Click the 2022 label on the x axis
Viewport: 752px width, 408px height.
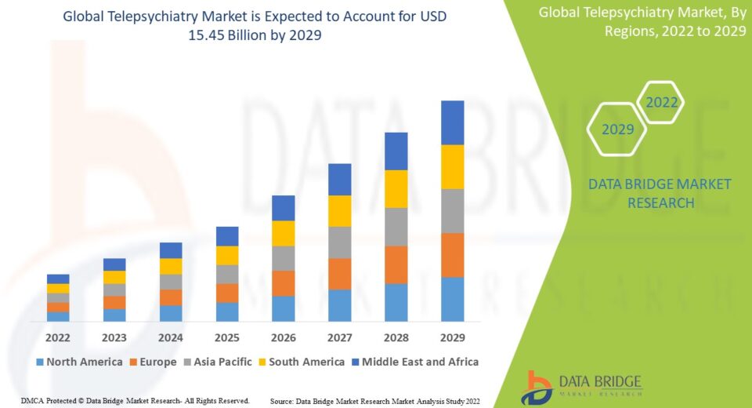(x=58, y=337)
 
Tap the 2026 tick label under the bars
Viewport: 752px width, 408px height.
(x=284, y=337)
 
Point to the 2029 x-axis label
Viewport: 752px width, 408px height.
(x=453, y=337)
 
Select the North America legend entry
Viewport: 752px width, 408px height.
(x=79, y=362)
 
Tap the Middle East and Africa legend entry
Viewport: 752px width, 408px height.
(x=415, y=362)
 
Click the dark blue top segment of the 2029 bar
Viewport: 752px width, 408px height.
(x=453, y=122)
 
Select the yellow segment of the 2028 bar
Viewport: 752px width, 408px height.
(x=396, y=188)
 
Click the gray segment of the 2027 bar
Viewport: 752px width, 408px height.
(x=340, y=242)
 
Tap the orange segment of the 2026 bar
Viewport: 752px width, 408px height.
(x=284, y=283)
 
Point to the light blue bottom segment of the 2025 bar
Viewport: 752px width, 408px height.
(x=227, y=311)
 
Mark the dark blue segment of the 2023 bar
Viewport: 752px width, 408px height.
(x=114, y=264)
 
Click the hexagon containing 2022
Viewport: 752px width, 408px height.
(x=660, y=102)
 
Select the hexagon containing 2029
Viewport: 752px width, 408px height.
(x=617, y=129)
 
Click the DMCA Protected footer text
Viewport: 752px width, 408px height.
(x=136, y=401)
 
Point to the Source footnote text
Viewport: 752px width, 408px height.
(x=374, y=401)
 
